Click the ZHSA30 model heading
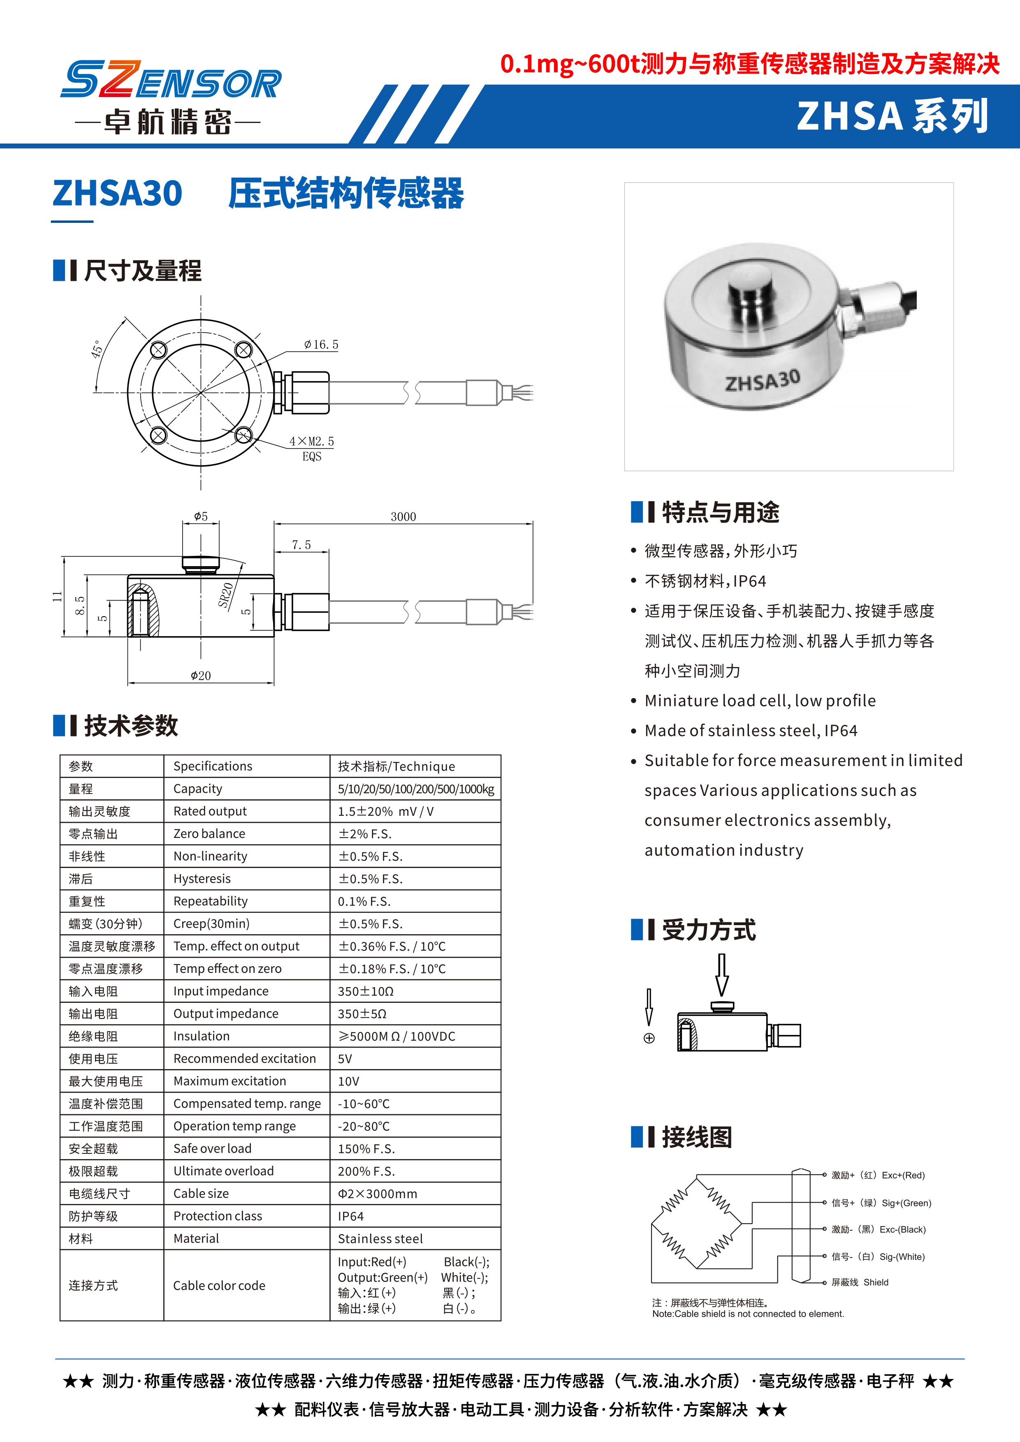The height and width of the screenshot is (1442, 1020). pos(118,193)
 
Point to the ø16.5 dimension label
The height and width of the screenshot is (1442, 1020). pos(321,345)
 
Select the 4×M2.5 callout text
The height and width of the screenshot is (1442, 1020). pos(311,442)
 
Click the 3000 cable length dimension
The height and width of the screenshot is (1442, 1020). pos(403,516)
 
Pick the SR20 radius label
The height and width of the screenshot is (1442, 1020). pos(226,595)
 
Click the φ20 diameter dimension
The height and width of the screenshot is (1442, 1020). pos(201,676)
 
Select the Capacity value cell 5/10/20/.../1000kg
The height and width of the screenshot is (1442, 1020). pos(416,789)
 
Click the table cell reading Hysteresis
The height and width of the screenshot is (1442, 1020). pos(202,879)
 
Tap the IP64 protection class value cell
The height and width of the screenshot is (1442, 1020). pos(350,1216)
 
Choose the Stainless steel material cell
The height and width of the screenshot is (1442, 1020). pos(380,1238)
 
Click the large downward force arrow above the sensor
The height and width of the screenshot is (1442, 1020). pos(722,974)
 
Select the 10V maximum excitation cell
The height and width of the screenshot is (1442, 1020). pos(349,1081)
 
